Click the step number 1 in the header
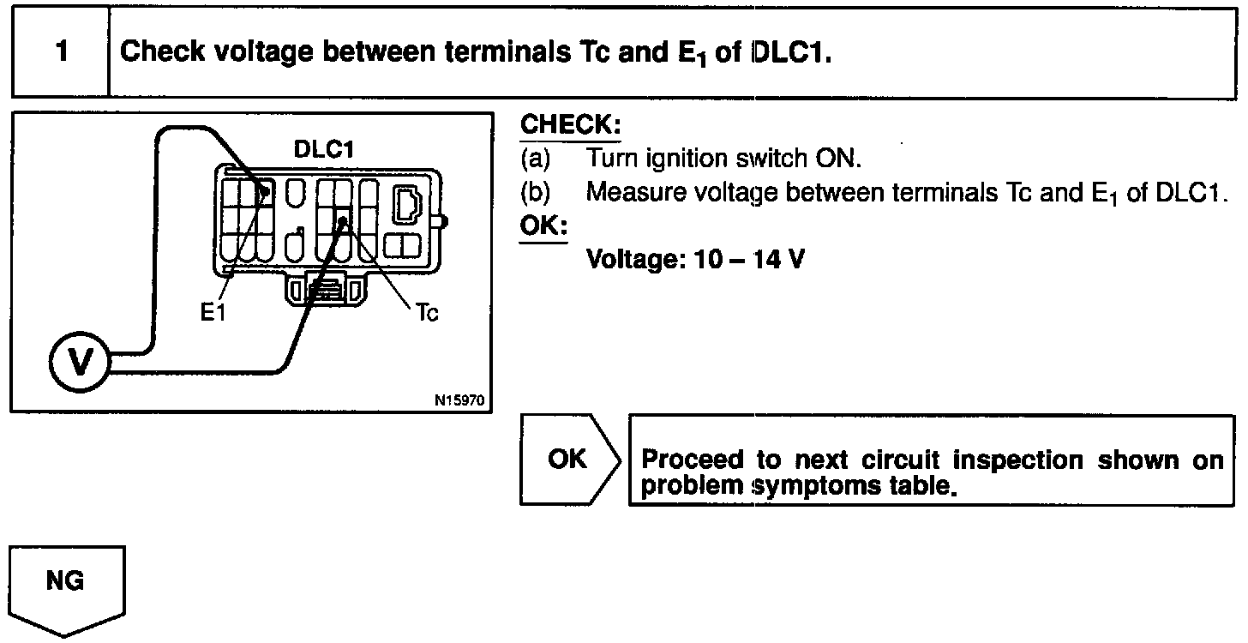61,52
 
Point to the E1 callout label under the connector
213,314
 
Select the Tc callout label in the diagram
426,314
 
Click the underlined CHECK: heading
570,125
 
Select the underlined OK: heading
543,226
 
